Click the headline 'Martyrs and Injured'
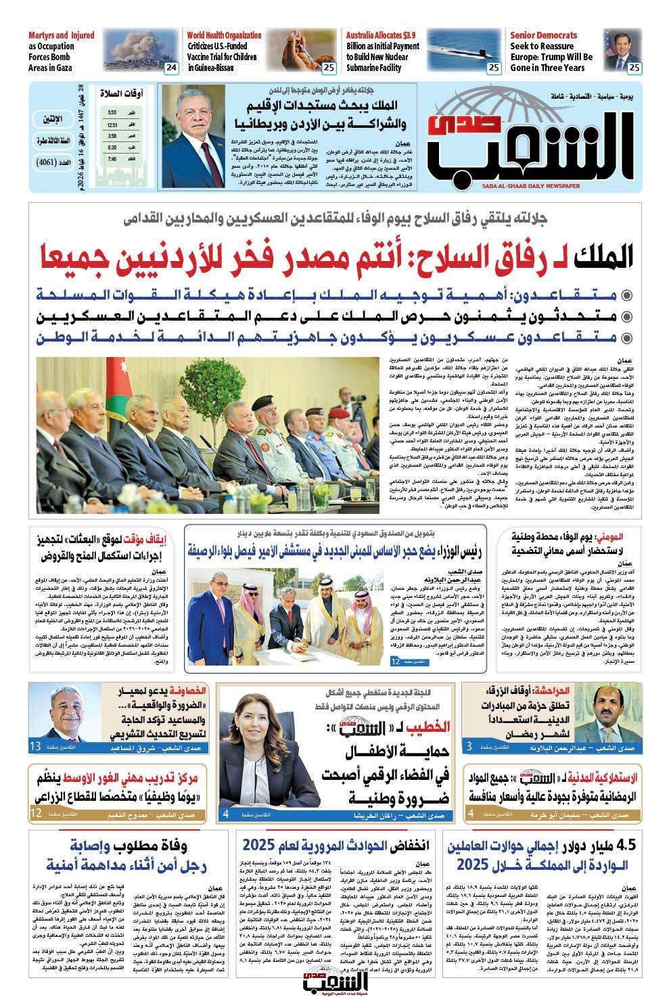tap(61, 35)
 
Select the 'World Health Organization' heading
tap(225, 35)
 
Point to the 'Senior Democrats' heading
tap(543, 35)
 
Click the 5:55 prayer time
tap(111, 112)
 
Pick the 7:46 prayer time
tap(111, 158)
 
